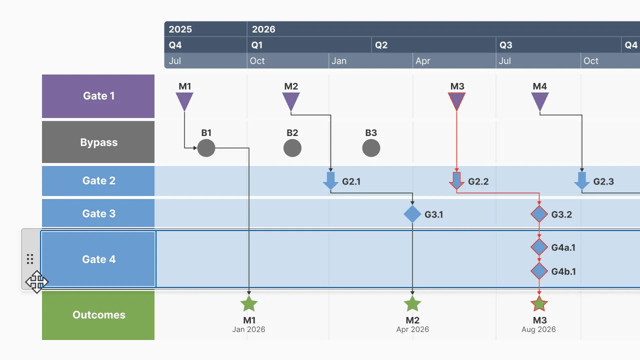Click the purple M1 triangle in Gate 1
(x=184, y=100)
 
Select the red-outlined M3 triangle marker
(x=456, y=100)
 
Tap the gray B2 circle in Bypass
(x=292, y=148)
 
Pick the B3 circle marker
(x=371, y=148)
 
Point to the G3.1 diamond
(x=412, y=214)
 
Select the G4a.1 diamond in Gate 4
(x=539, y=247)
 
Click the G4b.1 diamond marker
(x=539, y=271)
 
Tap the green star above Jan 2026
(x=249, y=303)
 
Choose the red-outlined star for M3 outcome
(x=539, y=303)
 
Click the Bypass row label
(x=98, y=142)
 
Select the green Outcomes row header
(x=98, y=315)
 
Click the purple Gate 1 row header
(x=98, y=96)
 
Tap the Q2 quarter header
(x=381, y=45)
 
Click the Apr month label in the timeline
(x=423, y=61)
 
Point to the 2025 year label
(x=180, y=29)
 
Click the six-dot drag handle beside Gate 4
(x=30, y=258)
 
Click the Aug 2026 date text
(x=538, y=329)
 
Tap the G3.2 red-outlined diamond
(x=539, y=214)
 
